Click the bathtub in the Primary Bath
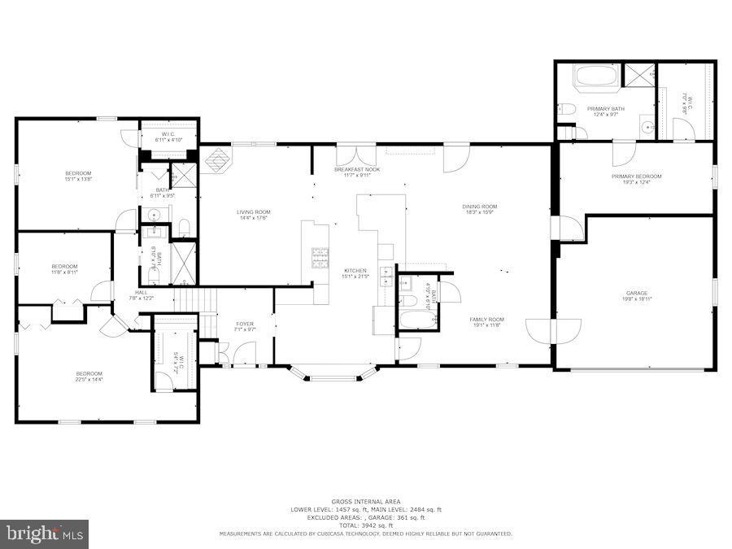596,79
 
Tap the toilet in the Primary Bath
567,110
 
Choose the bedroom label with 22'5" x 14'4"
89,374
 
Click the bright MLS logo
45,534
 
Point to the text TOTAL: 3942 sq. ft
365,525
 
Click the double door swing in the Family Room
556,329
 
